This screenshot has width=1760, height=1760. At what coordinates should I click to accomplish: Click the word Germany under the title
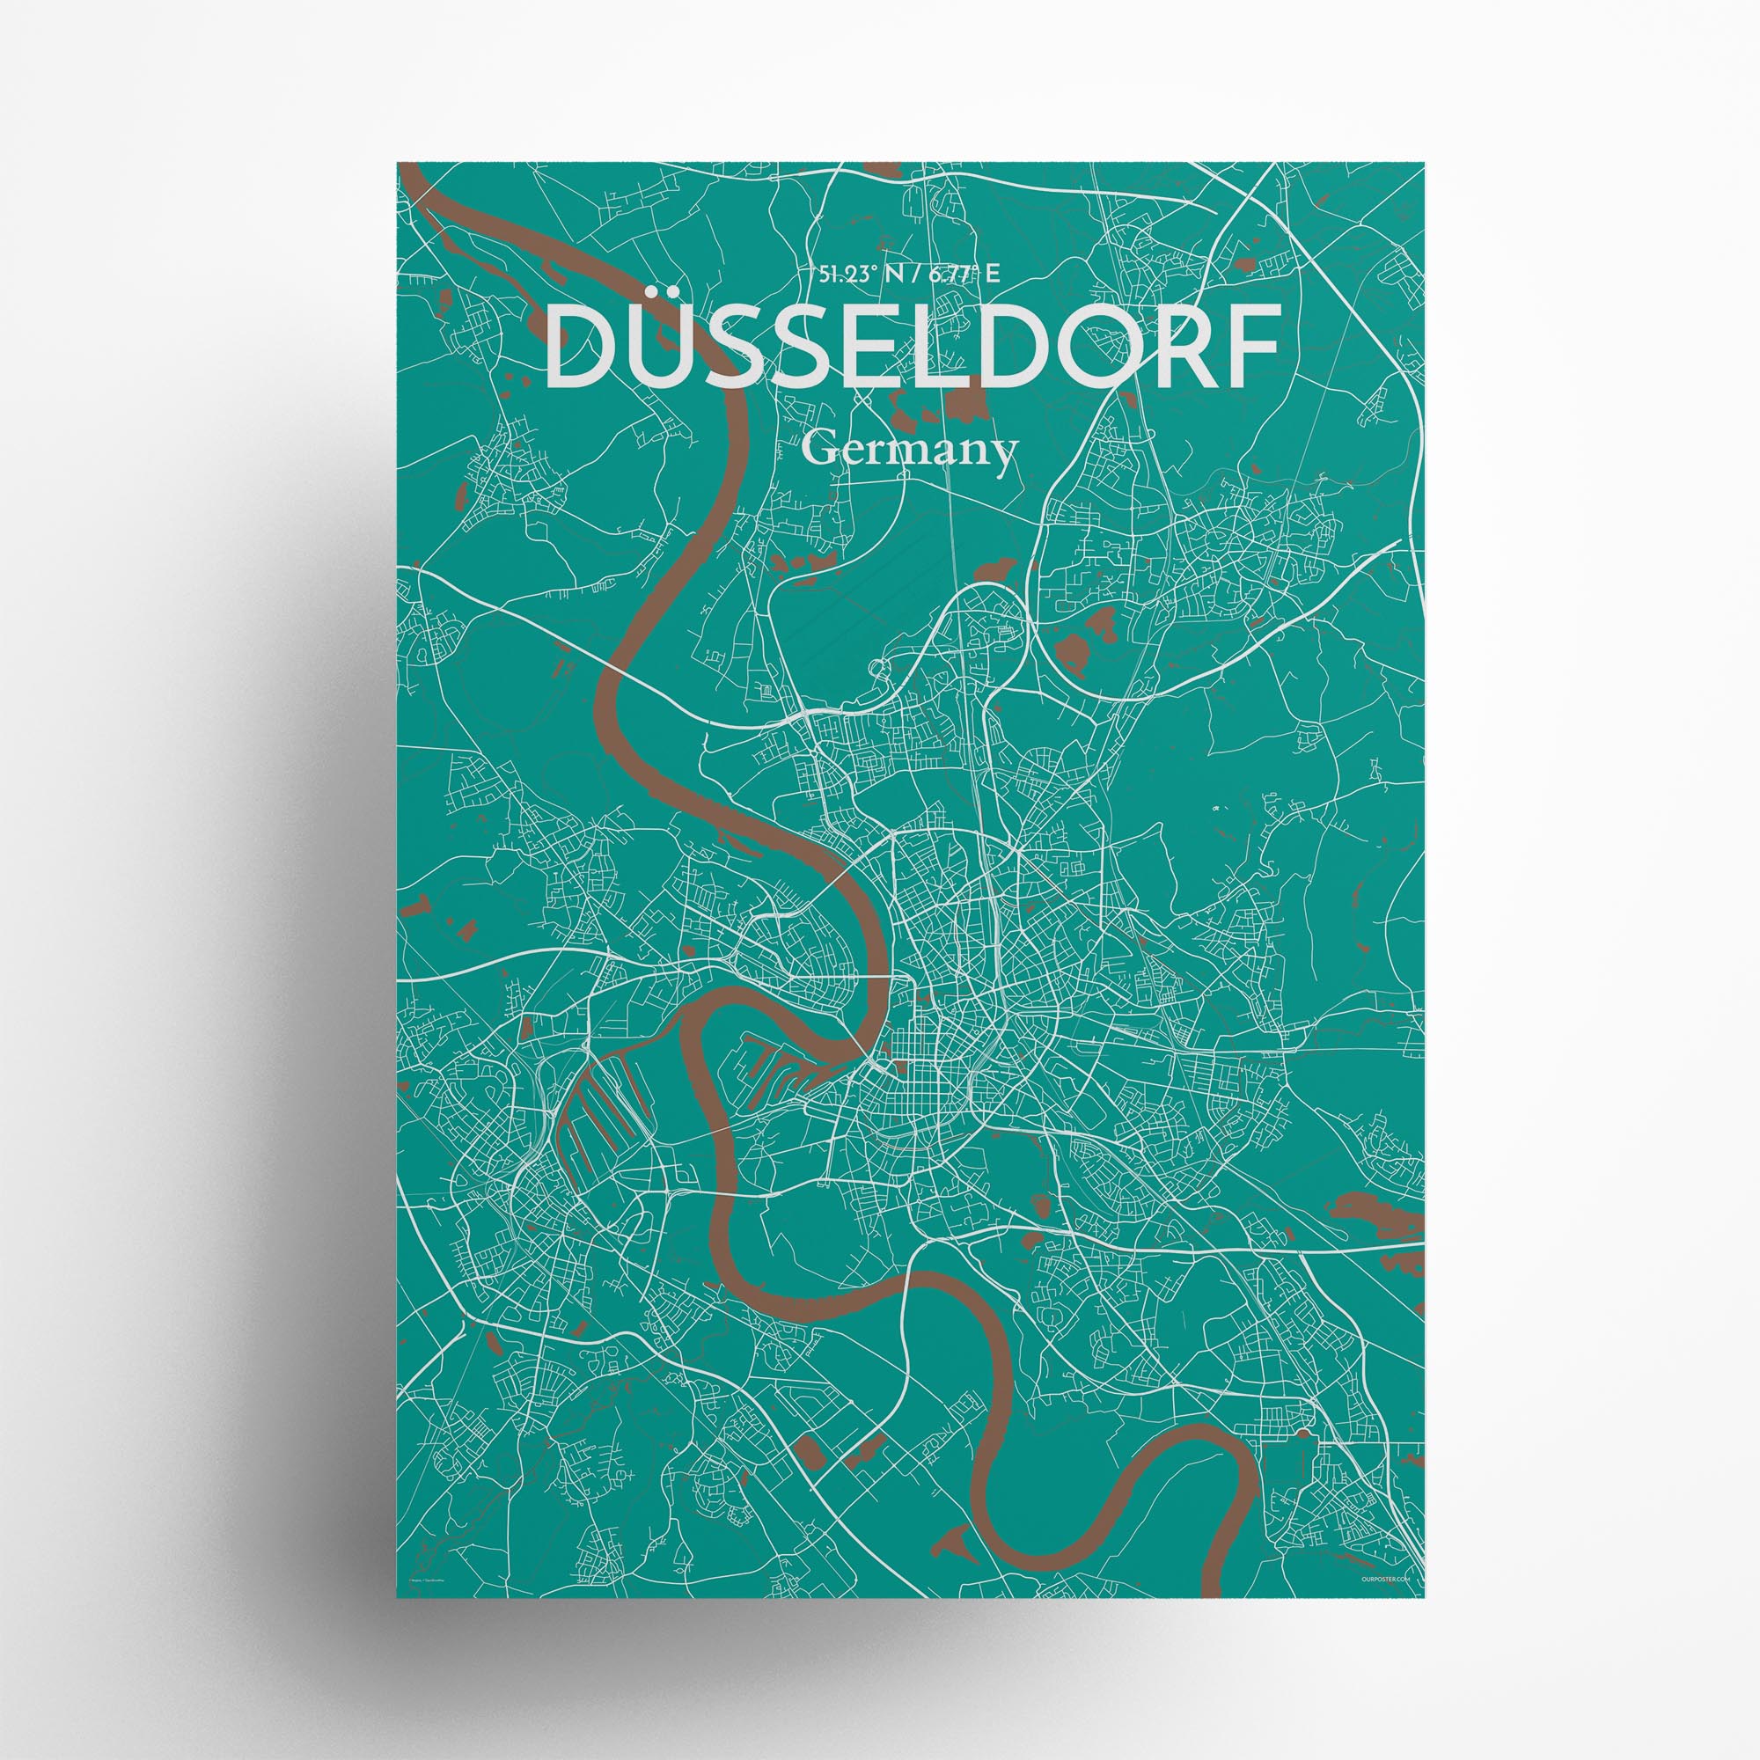(x=910, y=450)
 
